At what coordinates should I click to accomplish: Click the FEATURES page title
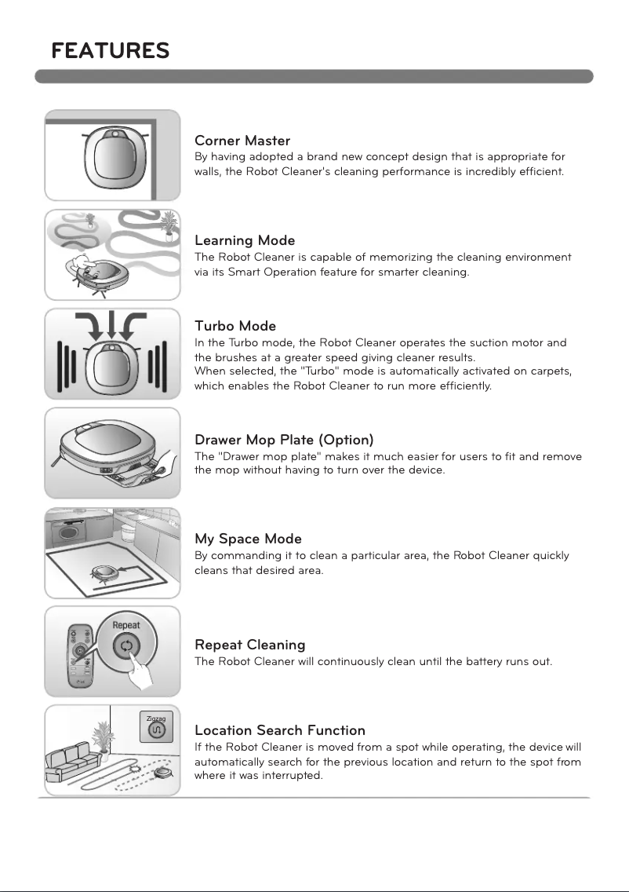point(110,51)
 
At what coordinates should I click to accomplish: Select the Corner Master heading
point(242,141)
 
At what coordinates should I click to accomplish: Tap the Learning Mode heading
point(245,240)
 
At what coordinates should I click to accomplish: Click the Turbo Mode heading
point(235,326)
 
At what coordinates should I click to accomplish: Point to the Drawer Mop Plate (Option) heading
point(284,440)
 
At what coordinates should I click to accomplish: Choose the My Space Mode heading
point(248,539)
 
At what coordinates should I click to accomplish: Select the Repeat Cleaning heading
point(249,645)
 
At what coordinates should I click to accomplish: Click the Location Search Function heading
point(279,731)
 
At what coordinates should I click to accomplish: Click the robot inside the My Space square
point(105,572)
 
